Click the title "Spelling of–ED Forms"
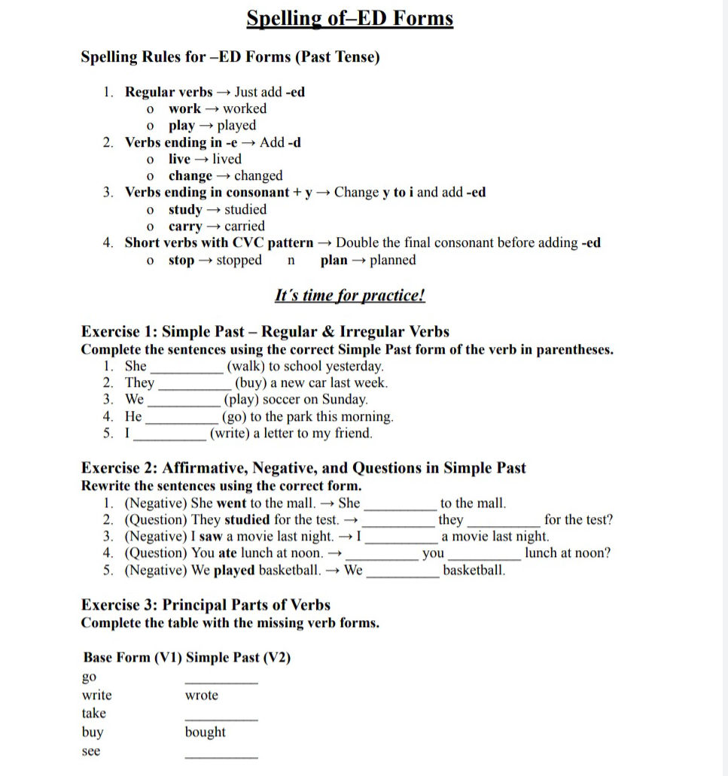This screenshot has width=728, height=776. point(350,17)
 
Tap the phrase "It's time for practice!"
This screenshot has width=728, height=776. point(350,295)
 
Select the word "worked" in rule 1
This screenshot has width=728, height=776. point(245,108)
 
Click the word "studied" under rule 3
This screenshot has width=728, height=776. point(245,209)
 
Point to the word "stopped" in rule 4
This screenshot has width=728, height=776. point(239,260)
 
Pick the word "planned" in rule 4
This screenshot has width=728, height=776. point(392,260)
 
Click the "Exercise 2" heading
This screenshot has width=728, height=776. point(303,468)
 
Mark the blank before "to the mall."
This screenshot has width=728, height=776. point(400,506)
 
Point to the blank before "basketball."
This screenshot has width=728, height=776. point(403,573)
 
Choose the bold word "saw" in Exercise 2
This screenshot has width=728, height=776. point(212,537)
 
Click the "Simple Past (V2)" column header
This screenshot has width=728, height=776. point(238,658)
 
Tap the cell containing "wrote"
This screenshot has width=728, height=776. point(202,695)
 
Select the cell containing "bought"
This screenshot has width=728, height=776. point(205,732)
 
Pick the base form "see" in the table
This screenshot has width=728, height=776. point(90,751)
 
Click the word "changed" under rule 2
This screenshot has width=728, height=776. point(258,176)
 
